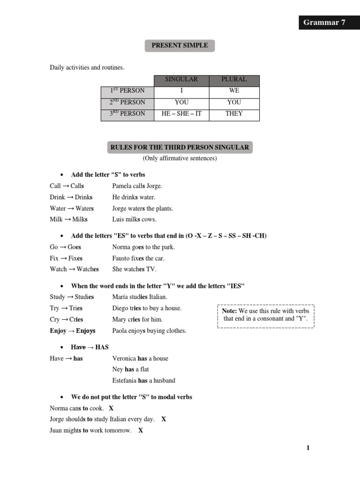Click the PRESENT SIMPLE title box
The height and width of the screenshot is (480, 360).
point(180,45)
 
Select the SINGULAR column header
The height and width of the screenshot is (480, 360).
point(181,80)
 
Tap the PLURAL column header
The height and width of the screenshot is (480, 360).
point(234,80)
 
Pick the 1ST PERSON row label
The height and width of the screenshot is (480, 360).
point(127,91)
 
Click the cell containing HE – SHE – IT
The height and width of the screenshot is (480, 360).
point(181,113)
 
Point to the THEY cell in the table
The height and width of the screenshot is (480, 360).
point(234,113)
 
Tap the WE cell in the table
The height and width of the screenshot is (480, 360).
point(234,91)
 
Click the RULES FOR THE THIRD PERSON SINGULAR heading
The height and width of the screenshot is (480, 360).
point(180,147)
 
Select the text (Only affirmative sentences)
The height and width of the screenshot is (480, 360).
point(180,158)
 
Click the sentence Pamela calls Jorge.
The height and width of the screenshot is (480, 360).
point(137,186)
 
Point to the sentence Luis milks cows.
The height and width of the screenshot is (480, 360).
point(134,219)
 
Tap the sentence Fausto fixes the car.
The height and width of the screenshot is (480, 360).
point(138,258)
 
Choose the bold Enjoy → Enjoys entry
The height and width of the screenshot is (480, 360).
point(73,331)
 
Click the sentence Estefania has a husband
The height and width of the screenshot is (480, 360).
point(143,381)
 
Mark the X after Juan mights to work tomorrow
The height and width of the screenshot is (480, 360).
point(141,430)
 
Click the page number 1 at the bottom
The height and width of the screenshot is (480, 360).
point(308,448)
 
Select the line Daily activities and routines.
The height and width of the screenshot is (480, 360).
point(87,67)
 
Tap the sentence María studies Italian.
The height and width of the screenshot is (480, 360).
point(140,297)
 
